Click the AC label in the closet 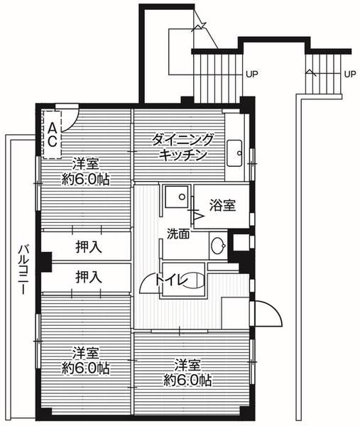point(53,132)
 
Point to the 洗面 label point(178,234)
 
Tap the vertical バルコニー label point(23,272)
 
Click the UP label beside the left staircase point(251,73)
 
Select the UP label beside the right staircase point(349,73)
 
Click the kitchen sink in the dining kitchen point(235,151)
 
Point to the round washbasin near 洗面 point(219,247)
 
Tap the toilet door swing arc point(148,284)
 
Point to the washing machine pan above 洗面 point(175,196)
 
